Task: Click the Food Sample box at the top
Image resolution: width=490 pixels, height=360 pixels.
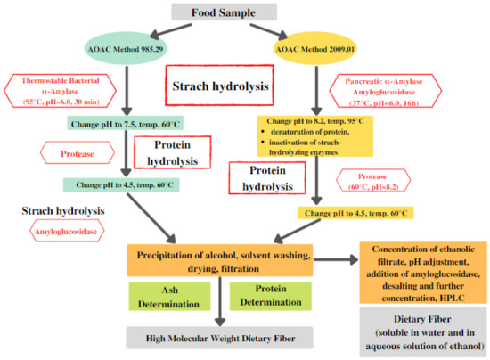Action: pyautogui.click(x=241, y=12)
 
